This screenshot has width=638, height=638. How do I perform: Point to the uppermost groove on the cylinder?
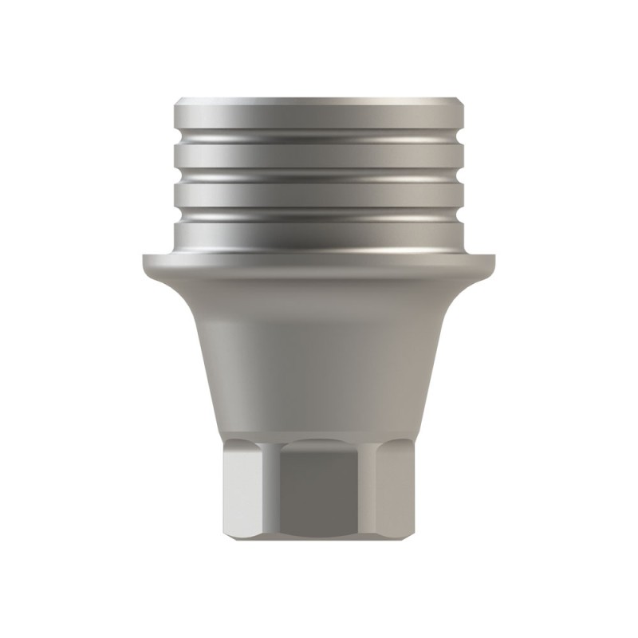319,142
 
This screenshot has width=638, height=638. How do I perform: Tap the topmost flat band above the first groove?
319,120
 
